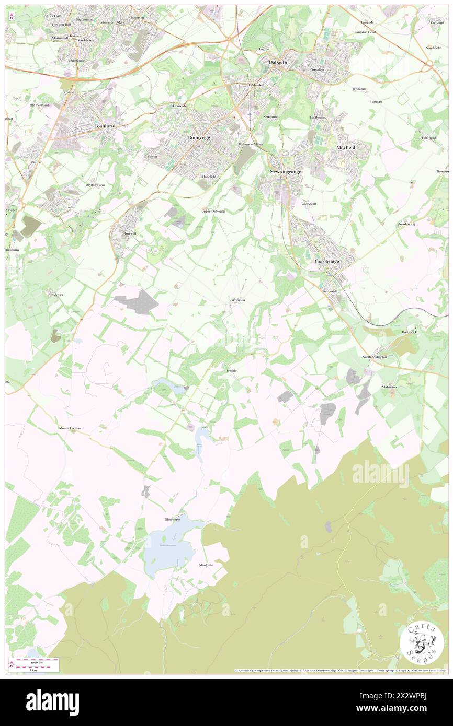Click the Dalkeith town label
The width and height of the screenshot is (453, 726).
tap(278, 62)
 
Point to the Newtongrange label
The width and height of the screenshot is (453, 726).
tap(286, 172)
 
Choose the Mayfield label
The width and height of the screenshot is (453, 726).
tap(346, 148)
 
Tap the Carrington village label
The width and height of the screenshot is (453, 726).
tap(237, 300)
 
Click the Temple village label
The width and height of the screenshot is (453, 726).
tap(231, 371)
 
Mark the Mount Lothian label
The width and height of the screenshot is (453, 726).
tap(71, 428)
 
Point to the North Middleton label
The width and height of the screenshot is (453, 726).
tap(375, 356)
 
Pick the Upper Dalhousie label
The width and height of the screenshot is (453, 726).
tap(213, 211)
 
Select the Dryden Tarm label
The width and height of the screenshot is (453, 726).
tap(95, 185)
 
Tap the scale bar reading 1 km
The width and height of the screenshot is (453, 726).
tap(33, 670)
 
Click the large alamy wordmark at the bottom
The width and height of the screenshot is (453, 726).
tap(52, 702)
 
